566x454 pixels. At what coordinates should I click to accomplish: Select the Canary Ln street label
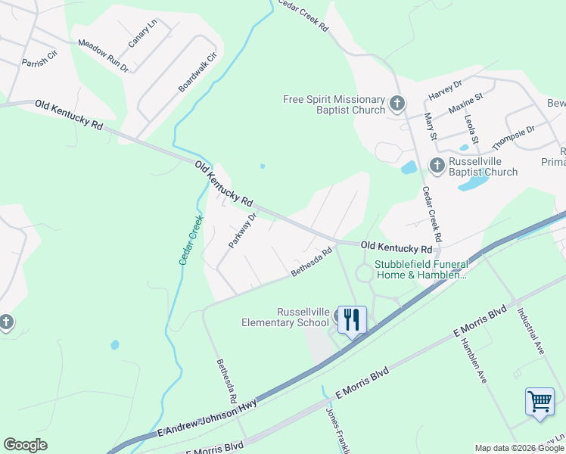coord(142,34)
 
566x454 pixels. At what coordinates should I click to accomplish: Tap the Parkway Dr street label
coord(243,231)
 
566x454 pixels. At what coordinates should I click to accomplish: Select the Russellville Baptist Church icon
coord(437,165)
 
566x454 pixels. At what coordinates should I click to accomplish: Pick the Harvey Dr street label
coord(445,90)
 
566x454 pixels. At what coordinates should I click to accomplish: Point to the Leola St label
coord(472,129)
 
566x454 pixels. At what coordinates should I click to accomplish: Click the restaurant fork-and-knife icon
coord(351,319)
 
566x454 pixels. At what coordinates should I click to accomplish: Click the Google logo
coord(25,445)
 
